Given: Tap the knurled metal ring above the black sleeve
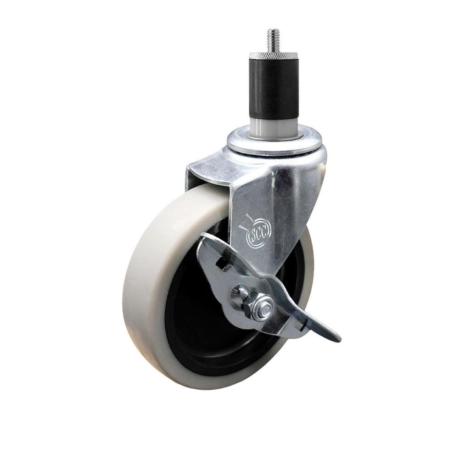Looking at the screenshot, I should click(x=271, y=57).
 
